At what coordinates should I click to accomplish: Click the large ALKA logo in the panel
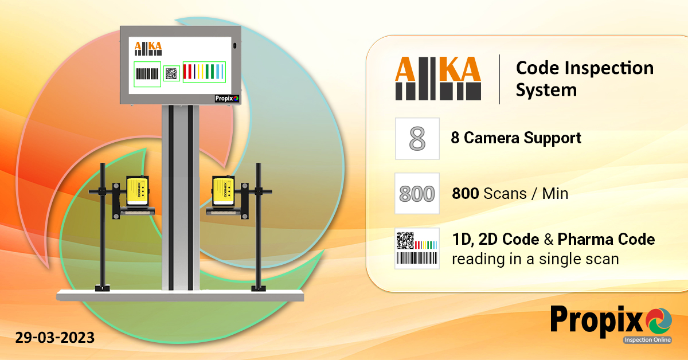point(438,78)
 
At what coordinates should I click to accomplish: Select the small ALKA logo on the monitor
point(148,48)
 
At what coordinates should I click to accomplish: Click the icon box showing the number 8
point(417,138)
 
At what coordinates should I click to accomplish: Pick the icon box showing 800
point(417,193)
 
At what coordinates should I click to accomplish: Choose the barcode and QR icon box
point(417,248)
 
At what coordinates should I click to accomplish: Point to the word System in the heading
point(546,90)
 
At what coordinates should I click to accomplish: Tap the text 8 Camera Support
point(516,138)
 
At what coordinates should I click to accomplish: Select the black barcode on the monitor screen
point(147,74)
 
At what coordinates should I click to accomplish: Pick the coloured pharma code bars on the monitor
point(205,72)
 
